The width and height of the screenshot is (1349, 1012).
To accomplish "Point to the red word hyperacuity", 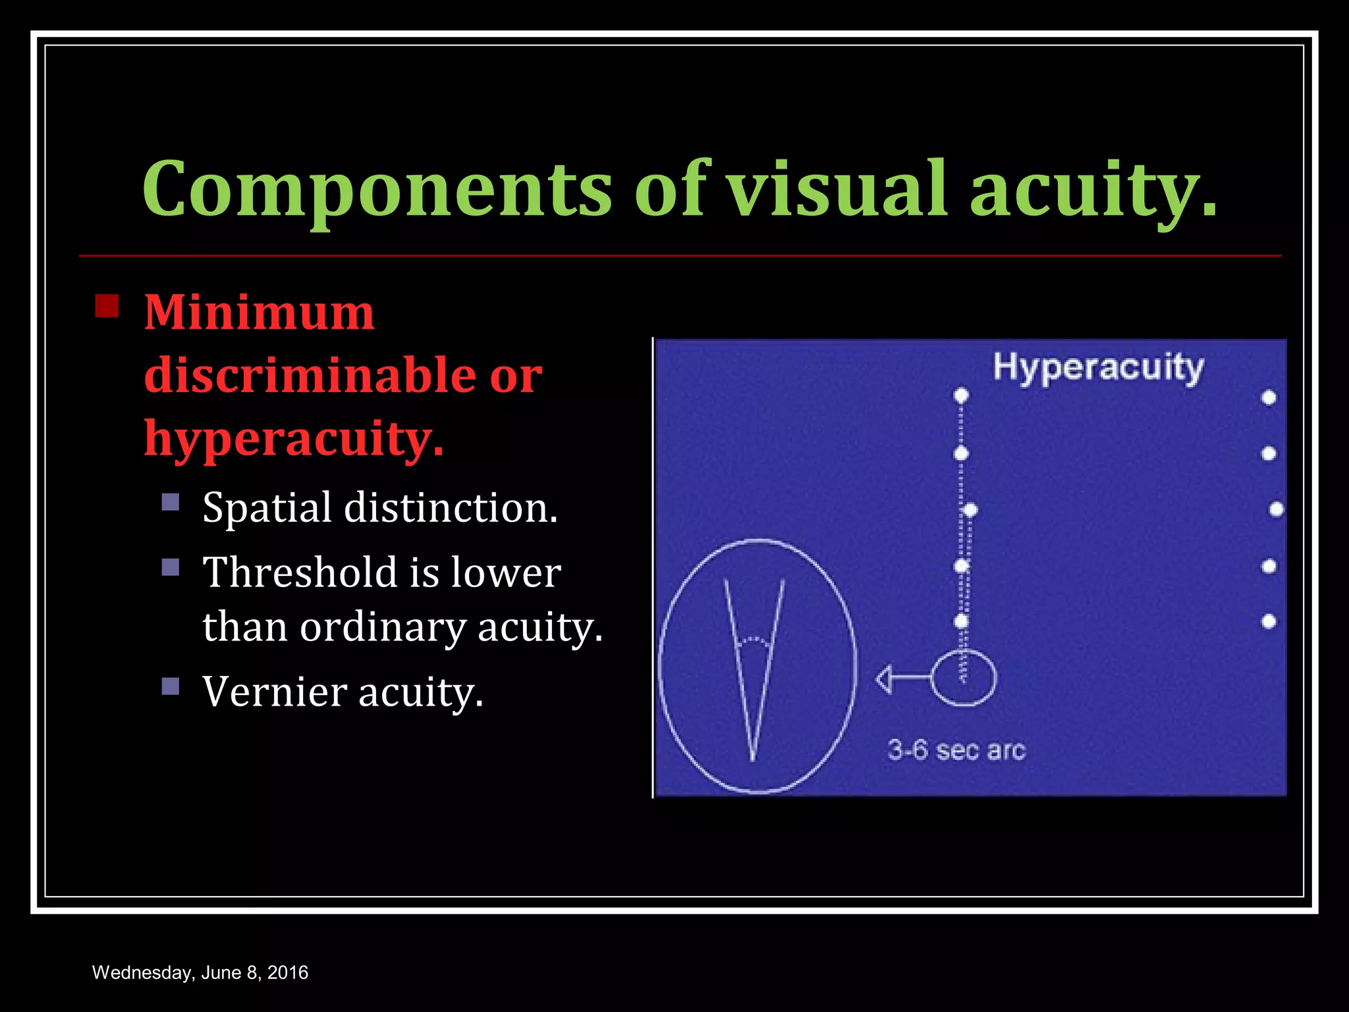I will (294, 439).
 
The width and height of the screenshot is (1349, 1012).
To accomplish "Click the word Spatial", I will (267, 508).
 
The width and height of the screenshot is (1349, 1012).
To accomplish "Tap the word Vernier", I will (275, 692).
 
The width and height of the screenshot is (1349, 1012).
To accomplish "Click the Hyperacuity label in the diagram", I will (1098, 368).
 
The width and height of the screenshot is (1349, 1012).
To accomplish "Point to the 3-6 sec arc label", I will (956, 750).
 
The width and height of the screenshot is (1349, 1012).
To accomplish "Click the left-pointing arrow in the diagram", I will (899, 679).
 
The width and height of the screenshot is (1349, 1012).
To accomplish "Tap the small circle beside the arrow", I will (963, 678).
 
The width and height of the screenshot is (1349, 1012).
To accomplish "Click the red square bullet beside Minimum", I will (107, 306).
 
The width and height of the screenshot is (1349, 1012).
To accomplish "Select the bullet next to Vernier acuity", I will (171, 687).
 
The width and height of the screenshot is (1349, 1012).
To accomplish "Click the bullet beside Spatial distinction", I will (171, 503).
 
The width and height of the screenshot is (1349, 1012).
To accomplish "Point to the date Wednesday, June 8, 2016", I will (200, 972).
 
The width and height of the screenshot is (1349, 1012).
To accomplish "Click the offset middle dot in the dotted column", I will (970, 510).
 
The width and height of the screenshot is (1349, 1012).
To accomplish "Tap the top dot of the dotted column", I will (961, 395).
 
